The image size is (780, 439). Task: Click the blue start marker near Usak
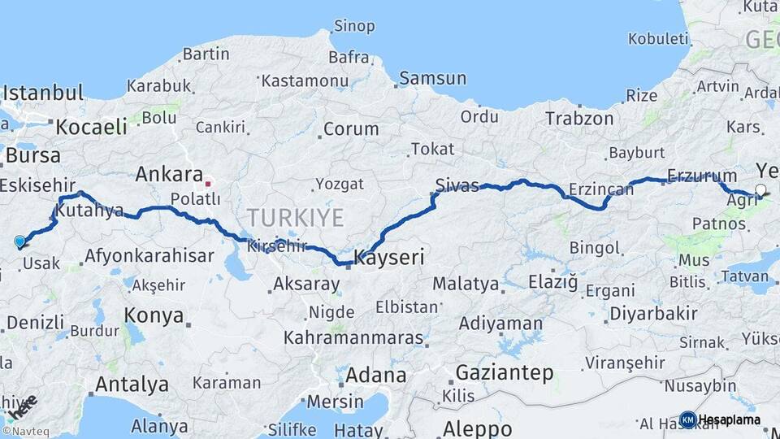(19, 241)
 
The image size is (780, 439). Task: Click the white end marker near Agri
(760, 190)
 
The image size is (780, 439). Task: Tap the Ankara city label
(169, 173)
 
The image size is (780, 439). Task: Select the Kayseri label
(389, 259)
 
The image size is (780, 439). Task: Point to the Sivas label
(457, 185)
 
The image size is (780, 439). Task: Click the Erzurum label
(702, 176)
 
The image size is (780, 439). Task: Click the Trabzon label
(579, 118)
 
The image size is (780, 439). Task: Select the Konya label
(154, 315)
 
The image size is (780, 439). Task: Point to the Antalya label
(132, 384)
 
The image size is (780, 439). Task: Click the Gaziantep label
(505, 373)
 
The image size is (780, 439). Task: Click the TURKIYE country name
(296, 217)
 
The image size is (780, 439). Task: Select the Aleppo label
(477, 428)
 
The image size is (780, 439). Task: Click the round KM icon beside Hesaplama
(687, 419)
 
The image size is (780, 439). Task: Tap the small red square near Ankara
(208, 183)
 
